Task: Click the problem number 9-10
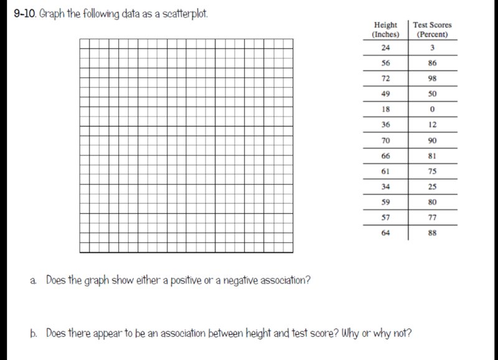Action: click(25, 14)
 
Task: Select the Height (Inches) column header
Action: click(386, 29)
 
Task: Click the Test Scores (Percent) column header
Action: click(433, 29)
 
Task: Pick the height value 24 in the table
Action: click(386, 48)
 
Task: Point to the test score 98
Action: click(433, 78)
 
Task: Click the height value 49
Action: click(386, 94)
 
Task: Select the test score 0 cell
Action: click(433, 110)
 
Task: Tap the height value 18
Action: click(386, 110)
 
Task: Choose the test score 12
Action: click(433, 125)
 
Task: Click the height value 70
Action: click(386, 140)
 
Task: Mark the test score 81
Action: click(433, 156)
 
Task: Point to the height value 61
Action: click(386, 171)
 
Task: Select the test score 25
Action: click(433, 187)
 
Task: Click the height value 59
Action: click(386, 202)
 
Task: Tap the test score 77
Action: click(433, 218)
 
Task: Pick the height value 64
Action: click(386, 234)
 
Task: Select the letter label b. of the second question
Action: click(34, 333)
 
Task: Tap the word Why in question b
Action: click(345, 333)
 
